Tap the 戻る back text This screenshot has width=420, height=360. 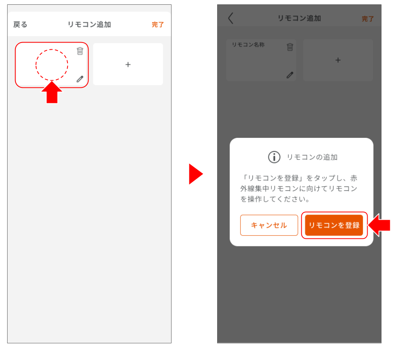[x=20, y=25]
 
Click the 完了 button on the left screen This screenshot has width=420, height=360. [x=158, y=25]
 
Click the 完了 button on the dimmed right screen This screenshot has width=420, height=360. [x=368, y=19]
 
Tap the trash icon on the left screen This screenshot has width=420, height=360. [x=80, y=51]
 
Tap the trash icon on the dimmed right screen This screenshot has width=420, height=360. [x=290, y=47]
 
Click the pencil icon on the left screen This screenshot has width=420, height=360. [x=80, y=79]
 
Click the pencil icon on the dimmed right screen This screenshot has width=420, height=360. [x=290, y=75]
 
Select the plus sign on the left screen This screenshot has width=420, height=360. [x=128, y=65]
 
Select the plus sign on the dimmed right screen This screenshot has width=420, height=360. [x=338, y=60]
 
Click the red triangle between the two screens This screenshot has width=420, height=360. [x=196, y=174]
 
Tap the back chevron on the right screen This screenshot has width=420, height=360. [x=231, y=18]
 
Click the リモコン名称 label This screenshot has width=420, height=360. [x=248, y=45]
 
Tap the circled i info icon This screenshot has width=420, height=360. [x=274, y=157]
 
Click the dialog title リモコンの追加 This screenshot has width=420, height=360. [x=312, y=157]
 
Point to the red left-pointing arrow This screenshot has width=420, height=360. [x=379, y=225]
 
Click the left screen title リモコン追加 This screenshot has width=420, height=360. [x=89, y=25]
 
